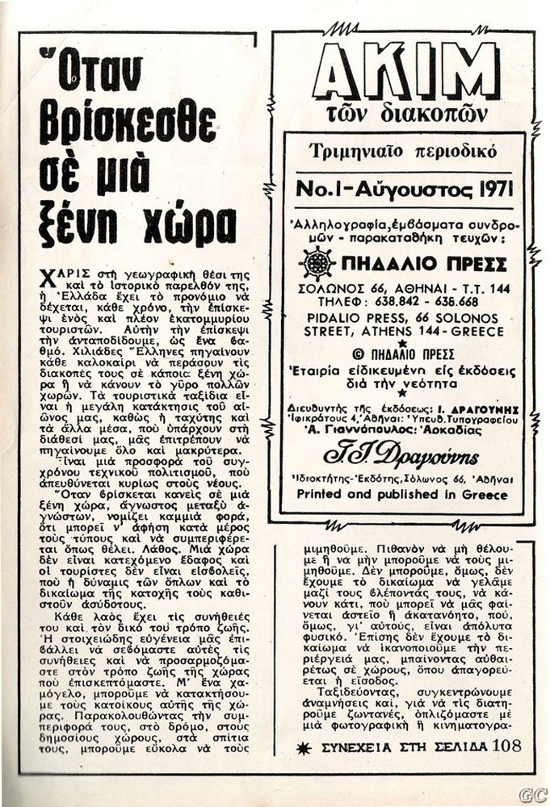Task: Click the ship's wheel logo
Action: tap(317, 264)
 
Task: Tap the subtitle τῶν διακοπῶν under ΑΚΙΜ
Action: tap(404, 113)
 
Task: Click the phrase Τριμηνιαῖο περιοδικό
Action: tap(403, 151)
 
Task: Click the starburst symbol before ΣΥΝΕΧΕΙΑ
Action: tap(304, 748)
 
